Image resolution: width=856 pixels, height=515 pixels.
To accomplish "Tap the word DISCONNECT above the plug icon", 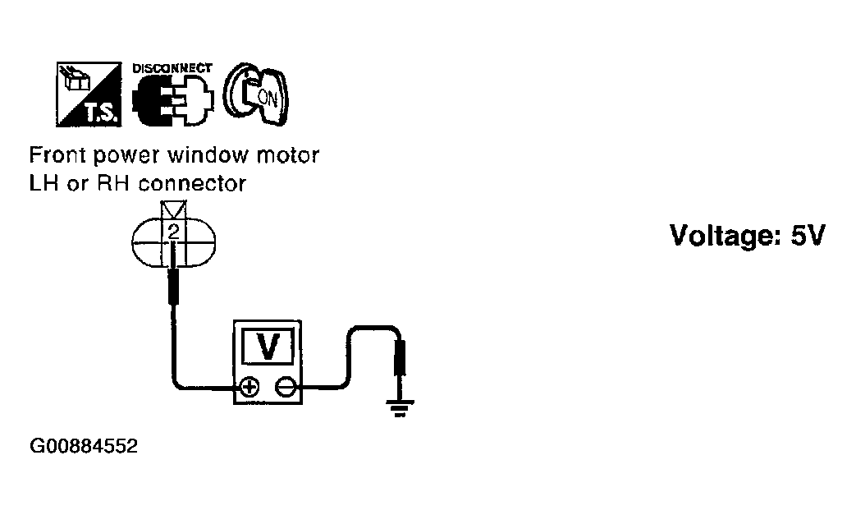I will [172, 69].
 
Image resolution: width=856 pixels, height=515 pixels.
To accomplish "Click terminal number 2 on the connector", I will [173, 232].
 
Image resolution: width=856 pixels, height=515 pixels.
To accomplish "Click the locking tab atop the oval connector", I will [175, 208].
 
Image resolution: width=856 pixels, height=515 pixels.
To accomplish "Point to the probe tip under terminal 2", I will [173, 283].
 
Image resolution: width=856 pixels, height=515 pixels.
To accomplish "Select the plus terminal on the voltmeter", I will [247, 385].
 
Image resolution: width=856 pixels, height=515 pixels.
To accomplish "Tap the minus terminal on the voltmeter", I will [285, 385].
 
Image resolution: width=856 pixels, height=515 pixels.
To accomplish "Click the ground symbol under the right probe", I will [401, 407].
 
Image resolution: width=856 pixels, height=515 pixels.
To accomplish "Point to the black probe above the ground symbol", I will [401, 361].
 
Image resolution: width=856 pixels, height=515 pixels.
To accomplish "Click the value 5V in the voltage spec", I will [805, 236].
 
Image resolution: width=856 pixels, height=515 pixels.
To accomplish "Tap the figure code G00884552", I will [83, 448].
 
